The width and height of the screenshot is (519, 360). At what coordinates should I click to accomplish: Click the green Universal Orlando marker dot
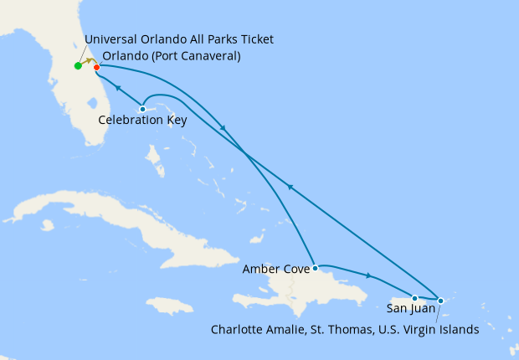tap(78, 65)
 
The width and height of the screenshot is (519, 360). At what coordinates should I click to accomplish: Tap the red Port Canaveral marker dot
tap(96, 67)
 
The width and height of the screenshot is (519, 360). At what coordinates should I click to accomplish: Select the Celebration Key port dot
tap(143, 109)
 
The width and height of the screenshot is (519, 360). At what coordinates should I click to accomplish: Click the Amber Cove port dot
tap(315, 269)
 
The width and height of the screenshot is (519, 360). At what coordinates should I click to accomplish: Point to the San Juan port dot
tap(414, 298)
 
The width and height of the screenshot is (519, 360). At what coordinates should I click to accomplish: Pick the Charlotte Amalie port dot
tap(441, 300)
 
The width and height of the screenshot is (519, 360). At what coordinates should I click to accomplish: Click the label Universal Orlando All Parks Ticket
tap(179, 39)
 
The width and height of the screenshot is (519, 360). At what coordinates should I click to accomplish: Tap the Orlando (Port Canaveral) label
tap(171, 56)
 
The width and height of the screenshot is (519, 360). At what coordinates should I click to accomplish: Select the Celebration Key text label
tap(142, 121)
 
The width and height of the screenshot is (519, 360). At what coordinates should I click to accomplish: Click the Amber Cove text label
tap(275, 270)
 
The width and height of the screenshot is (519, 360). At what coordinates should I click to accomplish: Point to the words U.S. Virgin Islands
tap(429, 329)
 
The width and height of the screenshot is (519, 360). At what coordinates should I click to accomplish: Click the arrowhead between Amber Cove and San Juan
tap(369, 275)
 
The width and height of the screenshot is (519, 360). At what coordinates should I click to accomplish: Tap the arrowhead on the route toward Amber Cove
tap(222, 127)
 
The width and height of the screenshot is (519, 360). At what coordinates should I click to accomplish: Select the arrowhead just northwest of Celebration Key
tap(118, 88)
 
